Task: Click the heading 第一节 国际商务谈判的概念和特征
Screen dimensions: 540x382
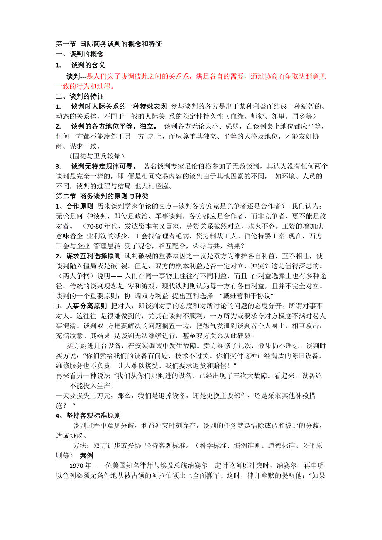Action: tap(109, 44)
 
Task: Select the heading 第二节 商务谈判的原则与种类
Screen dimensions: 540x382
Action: tap(102, 196)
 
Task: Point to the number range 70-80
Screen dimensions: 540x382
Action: tap(93, 227)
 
